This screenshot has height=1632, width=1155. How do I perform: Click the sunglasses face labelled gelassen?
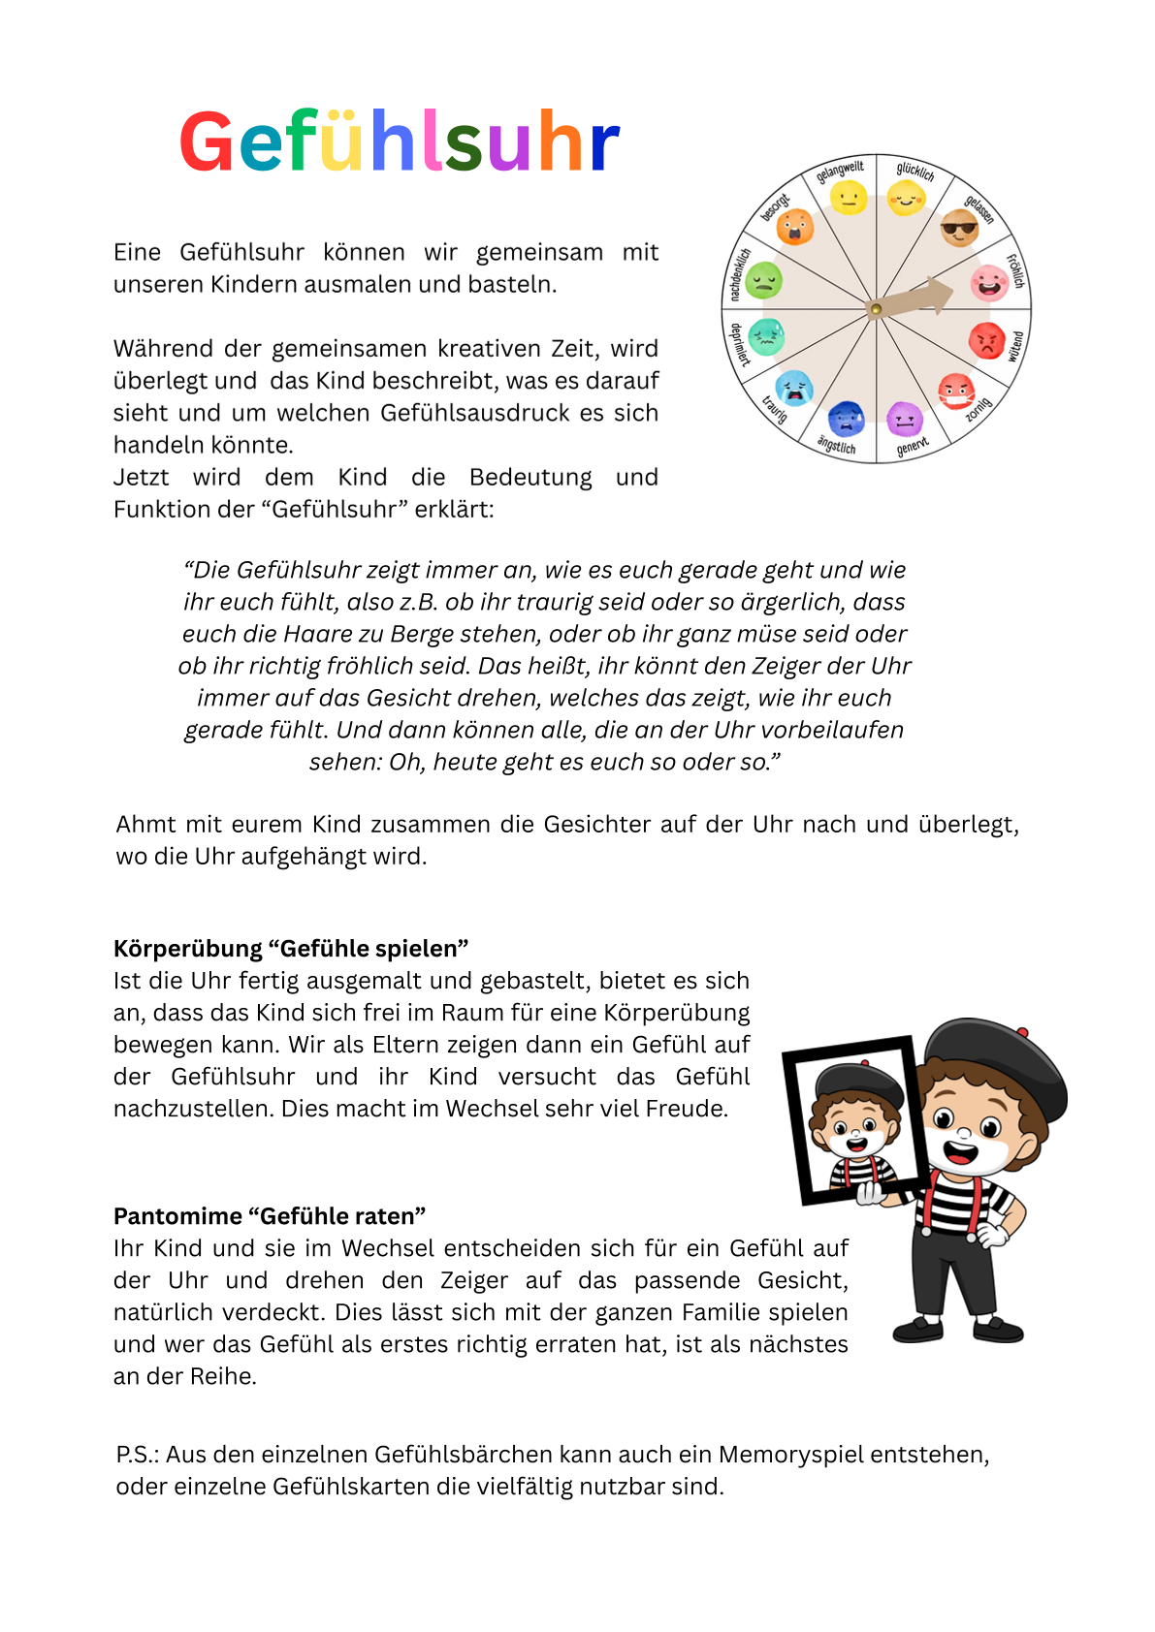point(959,229)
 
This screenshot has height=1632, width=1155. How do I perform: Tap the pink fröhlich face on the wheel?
point(989,283)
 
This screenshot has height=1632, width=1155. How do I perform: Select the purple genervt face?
point(905,419)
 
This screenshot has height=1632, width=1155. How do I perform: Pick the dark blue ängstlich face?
point(847,418)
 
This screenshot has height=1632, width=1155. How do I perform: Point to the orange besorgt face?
point(795,227)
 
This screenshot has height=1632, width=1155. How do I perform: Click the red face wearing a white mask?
point(956,391)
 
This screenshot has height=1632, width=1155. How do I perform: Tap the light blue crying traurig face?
point(794,387)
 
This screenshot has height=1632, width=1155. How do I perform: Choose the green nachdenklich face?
point(764,280)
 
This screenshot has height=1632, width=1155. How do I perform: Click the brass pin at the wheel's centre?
point(876,309)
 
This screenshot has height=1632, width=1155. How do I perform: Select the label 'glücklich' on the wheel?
point(915,172)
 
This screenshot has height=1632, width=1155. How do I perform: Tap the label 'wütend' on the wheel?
point(1016,346)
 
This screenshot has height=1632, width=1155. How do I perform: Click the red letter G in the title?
point(207,142)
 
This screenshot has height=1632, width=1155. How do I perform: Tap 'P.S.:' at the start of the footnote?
point(137,1454)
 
